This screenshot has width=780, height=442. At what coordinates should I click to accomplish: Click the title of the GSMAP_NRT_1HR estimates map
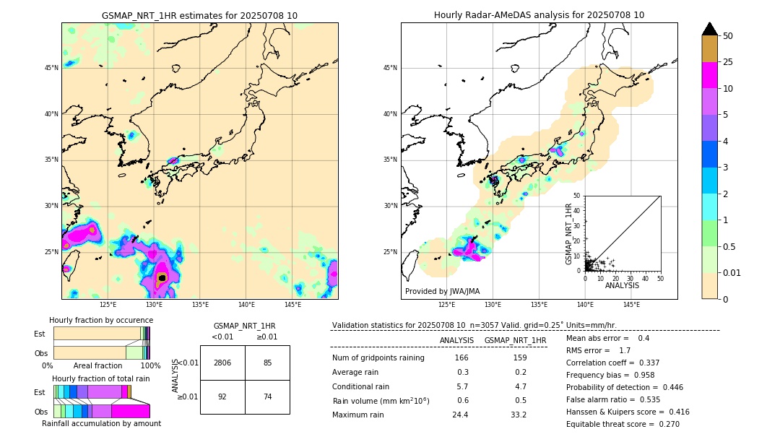click(x=199, y=15)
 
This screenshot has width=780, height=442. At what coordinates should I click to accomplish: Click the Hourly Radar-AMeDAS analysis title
click(x=539, y=15)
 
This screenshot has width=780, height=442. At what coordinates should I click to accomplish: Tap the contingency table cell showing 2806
click(x=222, y=363)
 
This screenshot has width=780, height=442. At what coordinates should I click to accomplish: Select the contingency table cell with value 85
click(x=267, y=363)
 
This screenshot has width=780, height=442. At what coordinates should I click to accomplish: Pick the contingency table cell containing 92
click(x=222, y=396)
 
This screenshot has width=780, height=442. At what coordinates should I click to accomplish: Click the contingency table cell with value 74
click(x=267, y=396)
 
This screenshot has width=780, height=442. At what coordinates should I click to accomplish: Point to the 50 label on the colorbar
click(x=728, y=36)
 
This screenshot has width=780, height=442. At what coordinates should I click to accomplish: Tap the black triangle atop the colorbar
click(x=710, y=29)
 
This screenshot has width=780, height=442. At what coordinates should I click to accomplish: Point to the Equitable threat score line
click(x=623, y=424)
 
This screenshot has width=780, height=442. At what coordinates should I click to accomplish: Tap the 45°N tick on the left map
click(x=51, y=68)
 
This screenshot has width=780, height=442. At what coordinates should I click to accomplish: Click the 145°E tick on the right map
click(x=631, y=305)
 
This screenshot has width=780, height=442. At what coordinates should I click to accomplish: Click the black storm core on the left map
click(x=162, y=277)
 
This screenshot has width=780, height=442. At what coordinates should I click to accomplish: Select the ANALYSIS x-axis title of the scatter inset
click(x=622, y=285)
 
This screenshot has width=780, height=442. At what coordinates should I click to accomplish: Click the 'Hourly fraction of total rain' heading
click(x=101, y=378)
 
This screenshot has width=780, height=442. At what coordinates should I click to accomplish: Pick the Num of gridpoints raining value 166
click(x=462, y=358)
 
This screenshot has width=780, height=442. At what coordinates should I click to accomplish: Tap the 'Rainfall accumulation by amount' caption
click(x=101, y=424)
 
